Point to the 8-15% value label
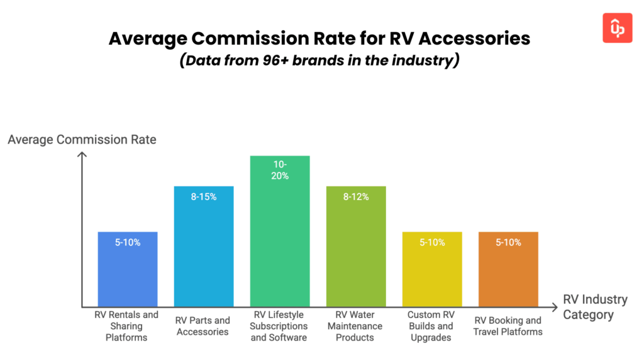204,197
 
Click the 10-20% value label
280,170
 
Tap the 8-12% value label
356,197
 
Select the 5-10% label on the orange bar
508,242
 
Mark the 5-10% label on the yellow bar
432,242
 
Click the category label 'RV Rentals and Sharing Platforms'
128,326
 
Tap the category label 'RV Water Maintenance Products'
356,326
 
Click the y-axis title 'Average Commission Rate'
82,140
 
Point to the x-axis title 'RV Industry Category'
595,307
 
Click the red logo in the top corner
617,28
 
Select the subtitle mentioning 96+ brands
319,61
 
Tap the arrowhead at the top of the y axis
82,156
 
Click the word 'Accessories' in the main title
474,38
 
